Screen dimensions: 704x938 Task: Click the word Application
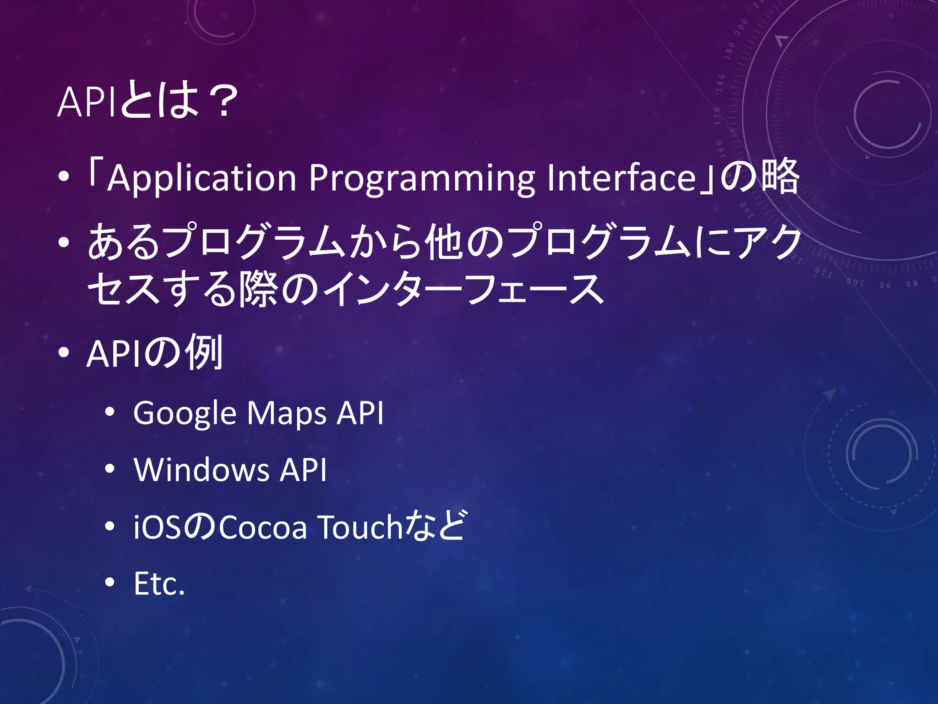(202, 178)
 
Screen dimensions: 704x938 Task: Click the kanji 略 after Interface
(780, 176)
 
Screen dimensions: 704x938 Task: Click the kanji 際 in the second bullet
(257, 289)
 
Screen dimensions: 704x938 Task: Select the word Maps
(287, 413)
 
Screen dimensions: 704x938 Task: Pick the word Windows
(202, 470)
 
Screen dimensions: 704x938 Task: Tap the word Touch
(360, 527)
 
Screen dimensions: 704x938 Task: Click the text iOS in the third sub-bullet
(157, 527)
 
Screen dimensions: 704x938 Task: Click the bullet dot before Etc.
(109, 583)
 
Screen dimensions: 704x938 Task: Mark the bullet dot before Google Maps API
(109, 412)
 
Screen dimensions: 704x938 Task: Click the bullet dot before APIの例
(64, 352)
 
